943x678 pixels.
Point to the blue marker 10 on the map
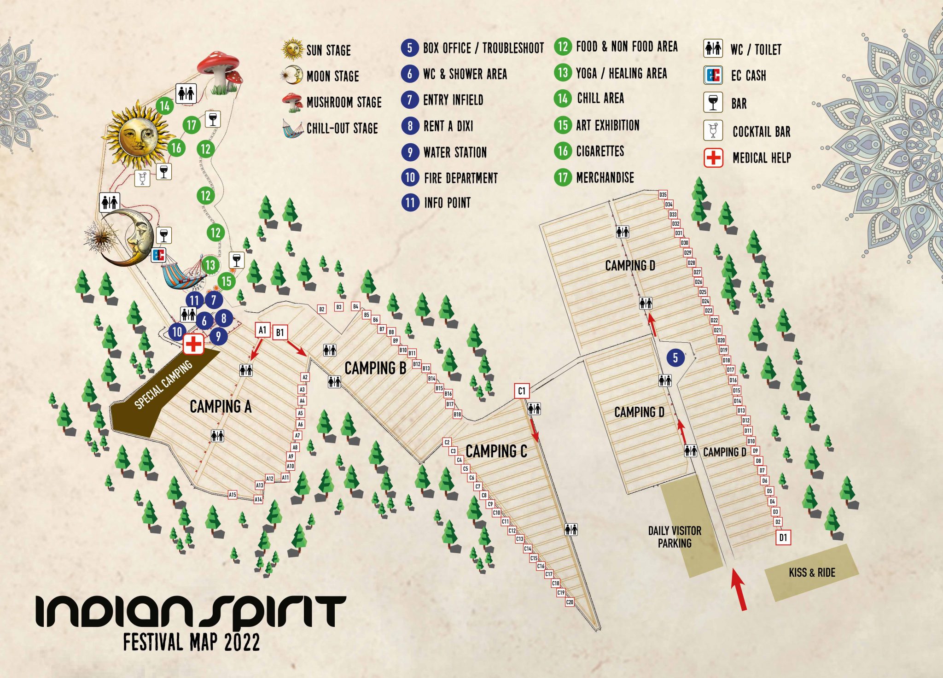[x=177, y=331]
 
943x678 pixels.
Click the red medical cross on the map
[x=193, y=344]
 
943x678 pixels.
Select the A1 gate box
[x=262, y=330]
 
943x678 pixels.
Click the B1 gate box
[x=280, y=332]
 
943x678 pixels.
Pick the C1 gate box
[x=521, y=391]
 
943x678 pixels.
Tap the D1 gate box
[x=783, y=537]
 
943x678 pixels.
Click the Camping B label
[x=375, y=368]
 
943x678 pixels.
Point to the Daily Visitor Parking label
[x=675, y=537]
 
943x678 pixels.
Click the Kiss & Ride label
[x=812, y=573]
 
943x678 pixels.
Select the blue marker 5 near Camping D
[x=675, y=358]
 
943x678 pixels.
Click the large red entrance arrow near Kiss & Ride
[x=738, y=590]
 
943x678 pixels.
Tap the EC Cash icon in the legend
[x=713, y=75]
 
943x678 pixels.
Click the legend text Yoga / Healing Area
[x=621, y=73]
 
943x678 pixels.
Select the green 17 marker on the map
[x=192, y=125]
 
